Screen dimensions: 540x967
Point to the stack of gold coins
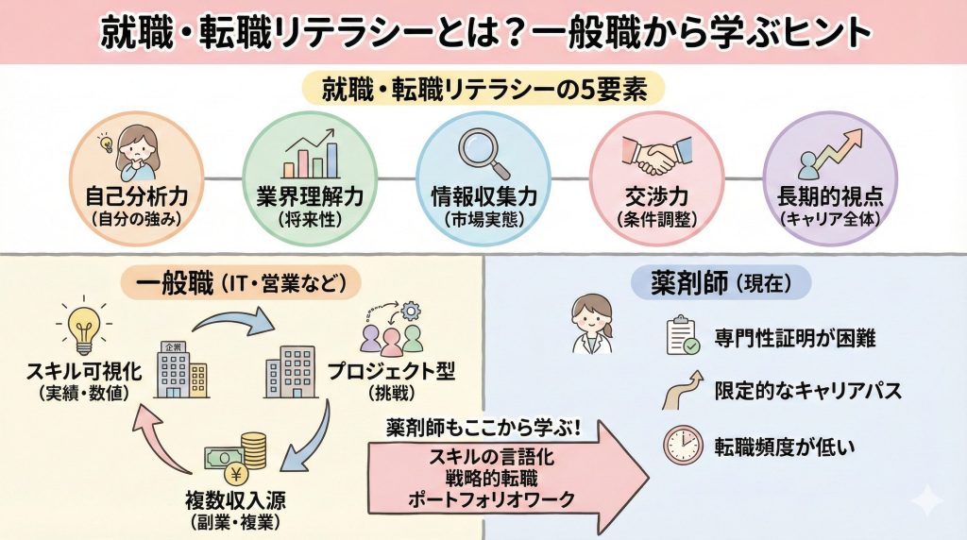click(x=252, y=450)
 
